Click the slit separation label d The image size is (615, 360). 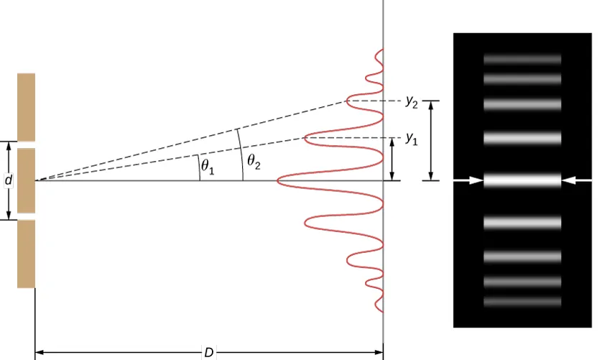[x=8, y=180]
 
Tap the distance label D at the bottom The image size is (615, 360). [x=208, y=353]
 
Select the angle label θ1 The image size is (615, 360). [x=208, y=166]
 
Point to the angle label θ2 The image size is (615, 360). [x=254, y=162]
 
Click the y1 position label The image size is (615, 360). [x=412, y=139]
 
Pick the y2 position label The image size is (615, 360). [x=412, y=102]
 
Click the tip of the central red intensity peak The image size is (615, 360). [x=277, y=181]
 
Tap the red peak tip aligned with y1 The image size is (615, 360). [x=305, y=138]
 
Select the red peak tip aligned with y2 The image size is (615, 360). [x=347, y=101]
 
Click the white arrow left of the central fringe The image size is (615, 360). [x=468, y=180]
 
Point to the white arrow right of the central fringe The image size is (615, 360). [x=576, y=180]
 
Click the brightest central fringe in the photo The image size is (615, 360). [x=522, y=180]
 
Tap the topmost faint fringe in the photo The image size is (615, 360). [x=522, y=59]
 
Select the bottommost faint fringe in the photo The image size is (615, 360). [x=522, y=302]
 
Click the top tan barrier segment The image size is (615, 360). [x=27, y=107]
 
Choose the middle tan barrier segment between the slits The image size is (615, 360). [x=27, y=181]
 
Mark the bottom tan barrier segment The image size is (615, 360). [x=27, y=254]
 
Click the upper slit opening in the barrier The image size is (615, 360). [x=27, y=144]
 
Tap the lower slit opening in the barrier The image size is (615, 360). [x=27, y=216]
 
